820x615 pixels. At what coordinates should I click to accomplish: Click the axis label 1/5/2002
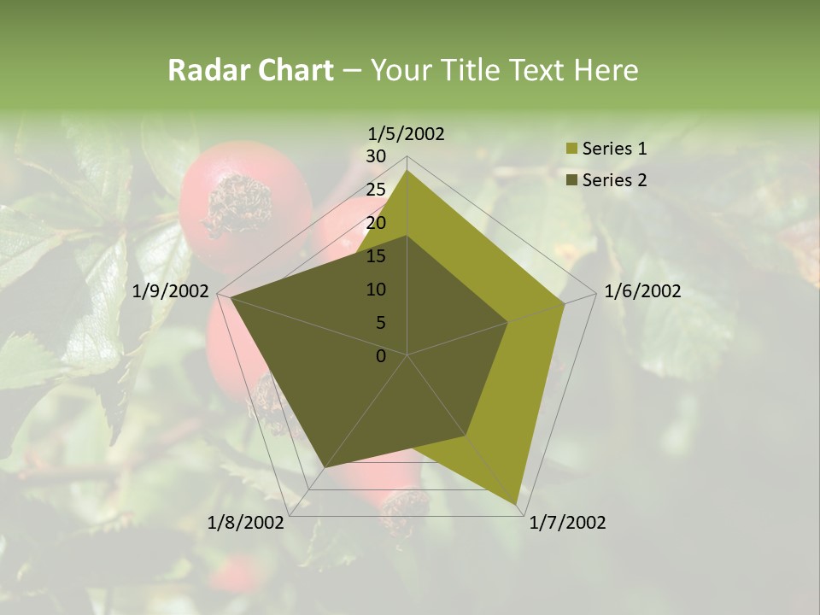(406, 133)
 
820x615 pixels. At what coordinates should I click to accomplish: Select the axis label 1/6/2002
(642, 291)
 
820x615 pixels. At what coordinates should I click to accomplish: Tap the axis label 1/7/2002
(567, 523)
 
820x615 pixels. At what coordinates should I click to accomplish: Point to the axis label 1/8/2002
(246, 523)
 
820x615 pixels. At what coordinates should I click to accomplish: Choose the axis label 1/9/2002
(171, 291)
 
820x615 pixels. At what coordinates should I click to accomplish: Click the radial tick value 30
(376, 156)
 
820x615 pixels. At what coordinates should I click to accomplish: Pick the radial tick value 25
(376, 190)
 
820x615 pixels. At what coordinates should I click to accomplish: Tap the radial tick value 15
(376, 256)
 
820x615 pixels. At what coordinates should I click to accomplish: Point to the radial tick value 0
(381, 356)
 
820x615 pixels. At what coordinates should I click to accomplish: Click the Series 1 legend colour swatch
(571, 149)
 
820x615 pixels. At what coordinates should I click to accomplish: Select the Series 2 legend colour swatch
(571, 180)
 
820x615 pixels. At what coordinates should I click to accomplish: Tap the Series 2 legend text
(614, 180)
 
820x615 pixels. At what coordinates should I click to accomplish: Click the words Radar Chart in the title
(249, 70)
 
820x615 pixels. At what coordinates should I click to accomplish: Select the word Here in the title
(606, 70)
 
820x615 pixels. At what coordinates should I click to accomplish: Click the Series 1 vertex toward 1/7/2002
(517, 504)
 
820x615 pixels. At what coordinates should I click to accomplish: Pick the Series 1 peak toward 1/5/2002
(407, 171)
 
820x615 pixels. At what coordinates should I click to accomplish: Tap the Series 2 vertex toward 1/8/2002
(325, 467)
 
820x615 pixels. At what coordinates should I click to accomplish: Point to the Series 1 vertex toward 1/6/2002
(565, 303)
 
